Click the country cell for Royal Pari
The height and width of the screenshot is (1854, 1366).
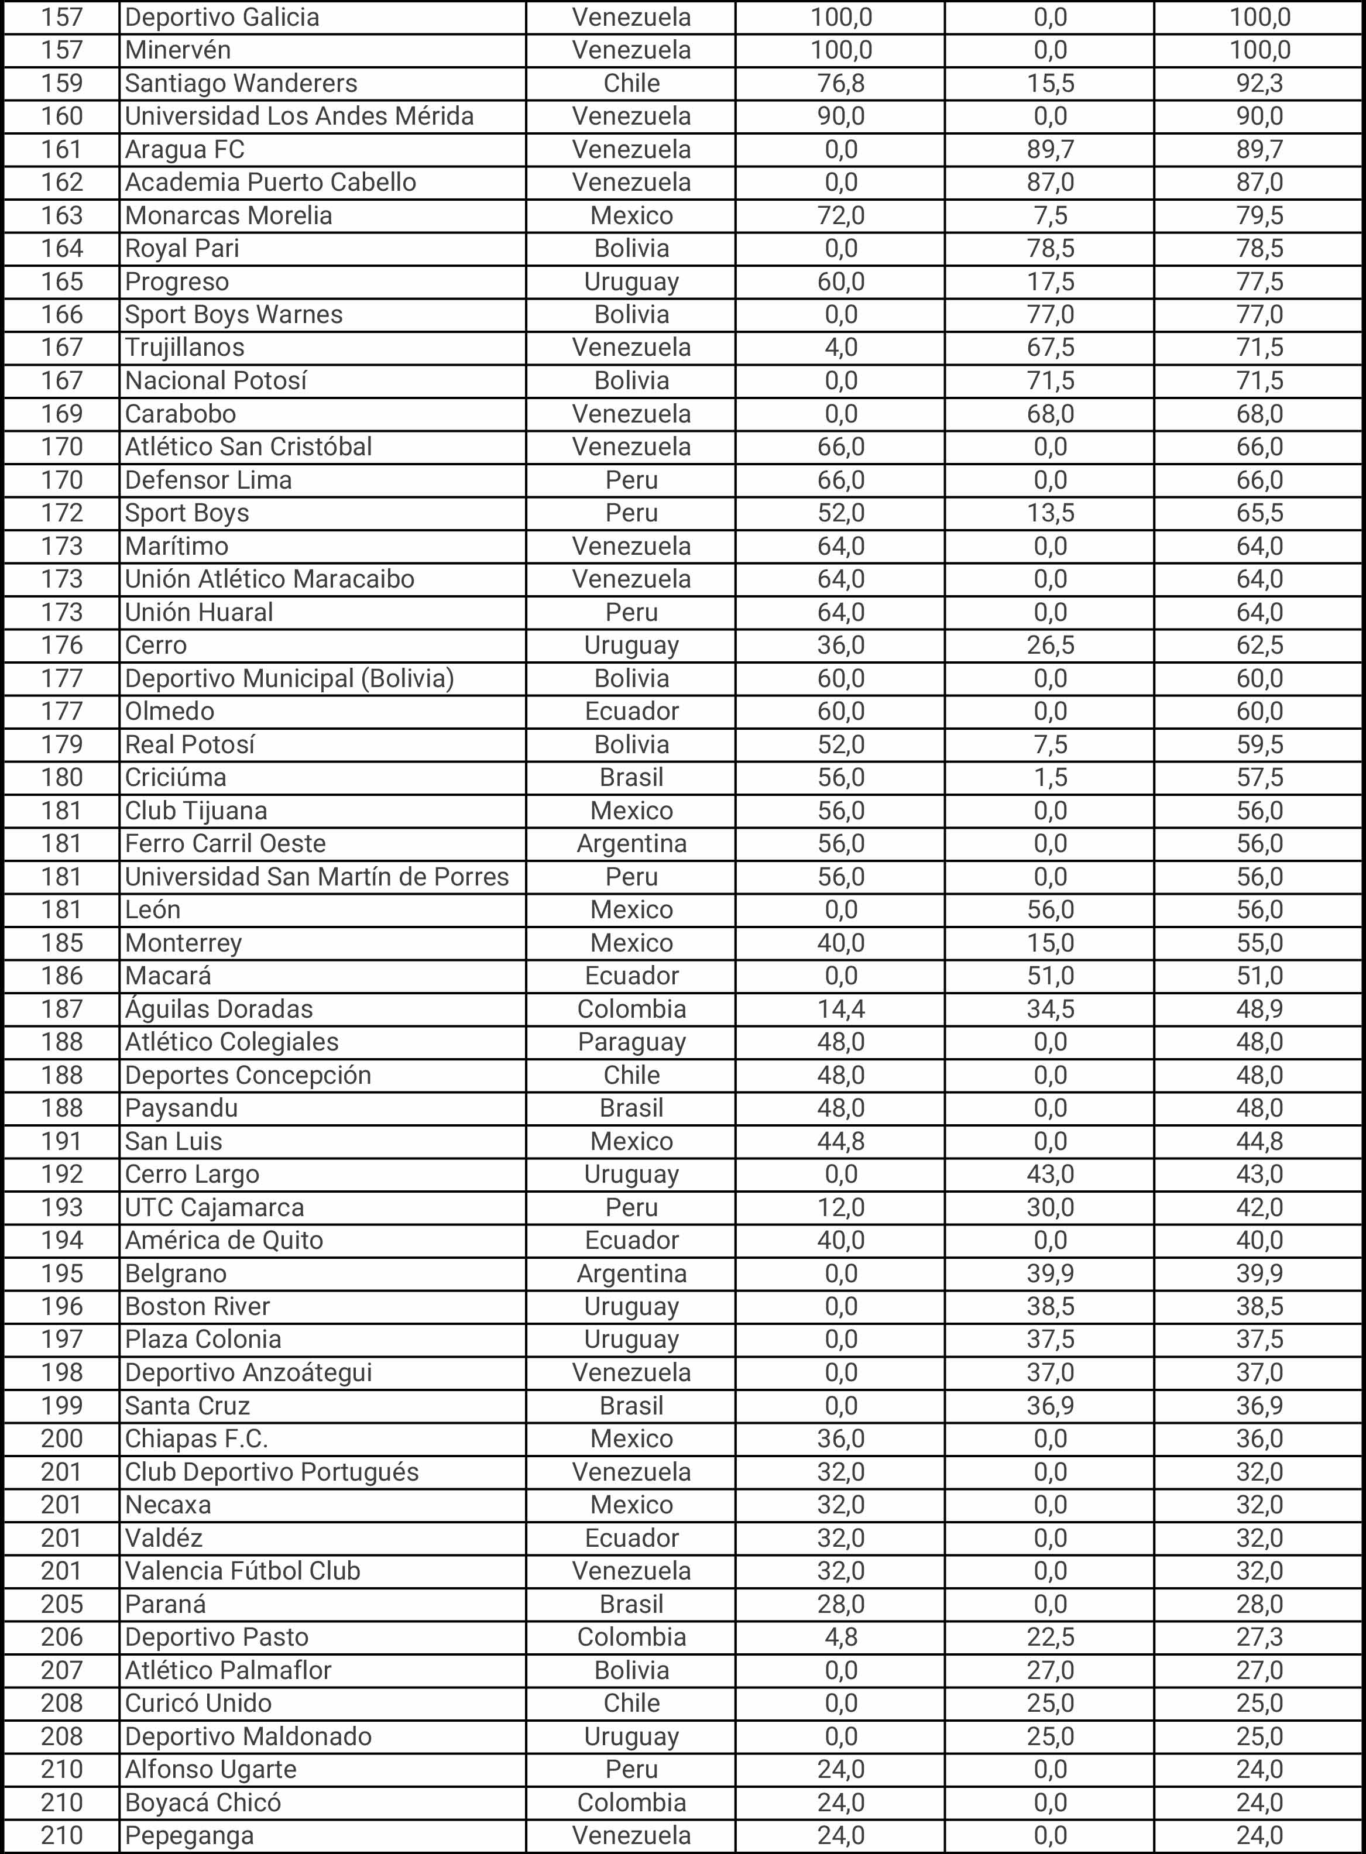coord(631,249)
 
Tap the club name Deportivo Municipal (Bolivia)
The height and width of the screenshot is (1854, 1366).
coord(289,679)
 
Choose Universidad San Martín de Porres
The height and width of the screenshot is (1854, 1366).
coord(317,877)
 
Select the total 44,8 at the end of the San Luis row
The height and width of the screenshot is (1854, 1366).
coord(1259,1142)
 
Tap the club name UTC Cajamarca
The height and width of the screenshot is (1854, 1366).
coord(214,1208)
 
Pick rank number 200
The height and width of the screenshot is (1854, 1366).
coord(62,1440)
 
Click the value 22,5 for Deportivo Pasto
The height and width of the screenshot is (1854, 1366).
coord(1050,1638)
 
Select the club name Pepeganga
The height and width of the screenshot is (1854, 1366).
coord(190,1836)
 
